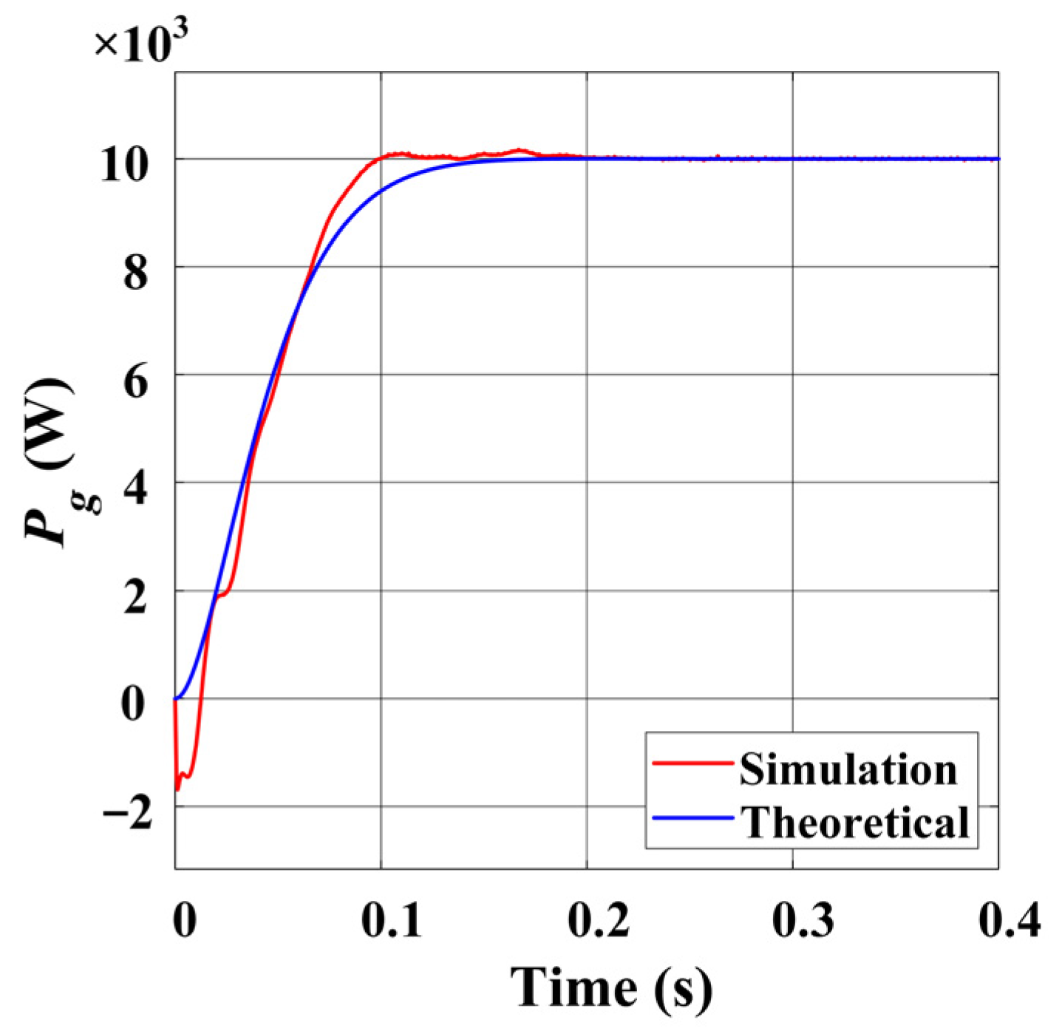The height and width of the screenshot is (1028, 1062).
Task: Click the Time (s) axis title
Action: pos(611,987)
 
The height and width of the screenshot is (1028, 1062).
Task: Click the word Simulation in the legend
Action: pos(848,769)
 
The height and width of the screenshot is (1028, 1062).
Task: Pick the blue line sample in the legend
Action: pos(692,817)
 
